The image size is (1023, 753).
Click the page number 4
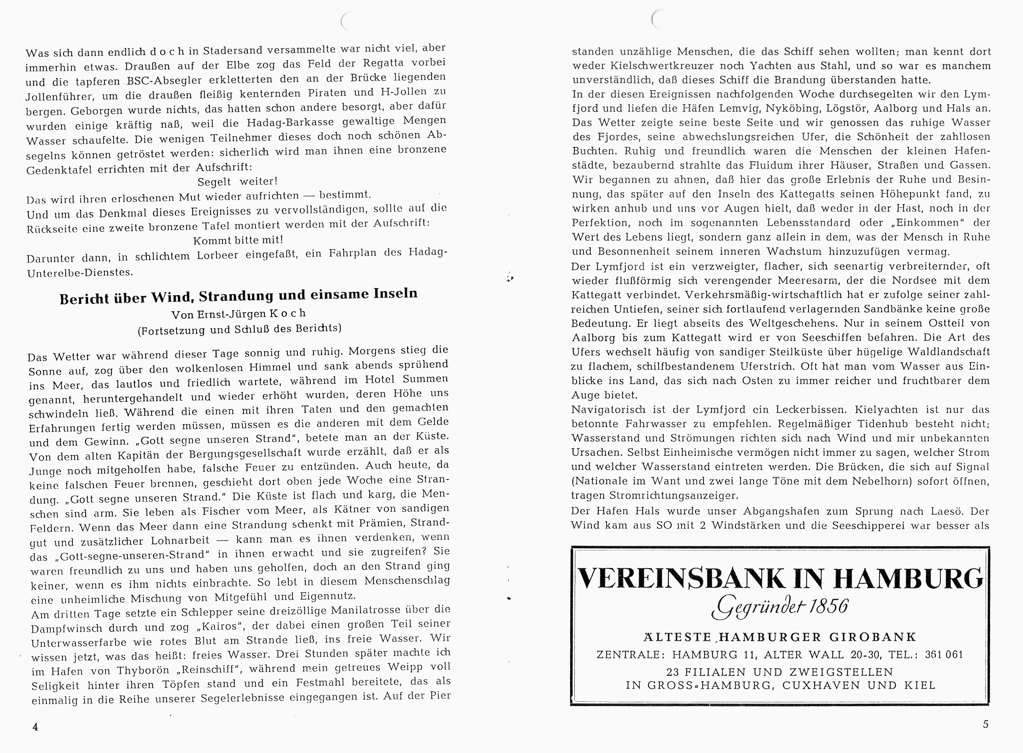[x=35, y=727]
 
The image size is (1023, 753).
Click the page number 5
[x=986, y=724]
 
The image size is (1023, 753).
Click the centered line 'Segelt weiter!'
[x=237, y=182]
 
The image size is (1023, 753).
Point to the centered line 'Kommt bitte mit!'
[x=238, y=240]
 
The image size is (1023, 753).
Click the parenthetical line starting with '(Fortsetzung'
[x=239, y=329]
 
